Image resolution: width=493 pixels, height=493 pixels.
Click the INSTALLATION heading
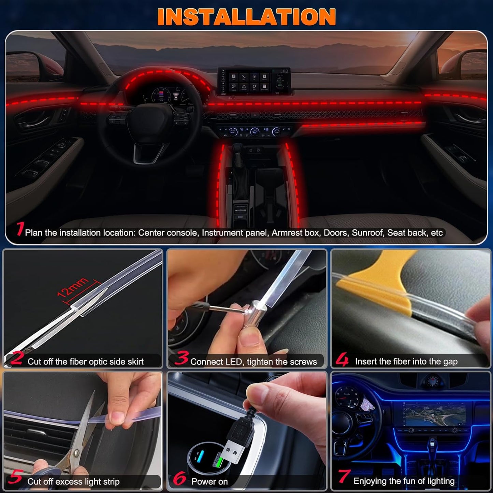pyautogui.click(x=246, y=17)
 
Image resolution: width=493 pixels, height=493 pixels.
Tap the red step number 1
pyautogui.click(x=20, y=229)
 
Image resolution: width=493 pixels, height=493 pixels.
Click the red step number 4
pyautogui.click(x=342, y=359)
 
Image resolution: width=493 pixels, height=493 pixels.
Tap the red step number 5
pyautogui.click(x=16, y=477)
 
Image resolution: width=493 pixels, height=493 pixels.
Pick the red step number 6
pyautogui.click(x=179, y=478)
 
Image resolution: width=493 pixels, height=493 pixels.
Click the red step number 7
pyautogui.click(x=344, y=477)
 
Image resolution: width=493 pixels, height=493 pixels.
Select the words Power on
pyautogui.click(x=209, y=482)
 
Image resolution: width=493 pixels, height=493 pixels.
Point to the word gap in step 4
pyautogui.click(x=450, y=362)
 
